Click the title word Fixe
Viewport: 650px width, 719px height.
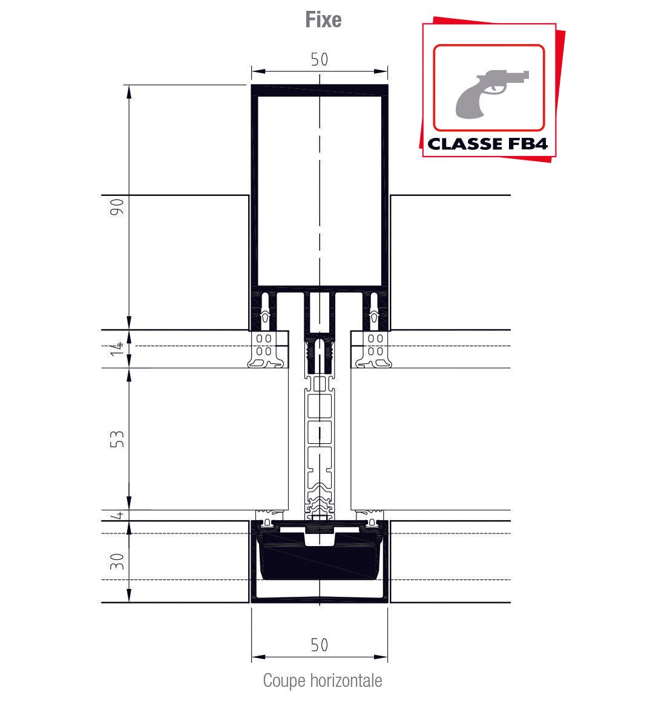[x=323, y=20]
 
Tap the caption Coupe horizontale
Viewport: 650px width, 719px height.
[x=322, y=680]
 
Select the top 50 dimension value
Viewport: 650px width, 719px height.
[x=320, y=59]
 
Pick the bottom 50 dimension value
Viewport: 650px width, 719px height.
[x=320, y=645]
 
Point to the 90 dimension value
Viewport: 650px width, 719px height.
[x=117, y=207]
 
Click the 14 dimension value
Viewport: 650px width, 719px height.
[x=117, y=348]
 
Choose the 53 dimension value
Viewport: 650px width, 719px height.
[x=117, y=439]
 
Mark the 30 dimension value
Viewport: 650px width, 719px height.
[x=117, y=561]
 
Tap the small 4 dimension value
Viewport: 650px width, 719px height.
[x=119, y=515]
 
